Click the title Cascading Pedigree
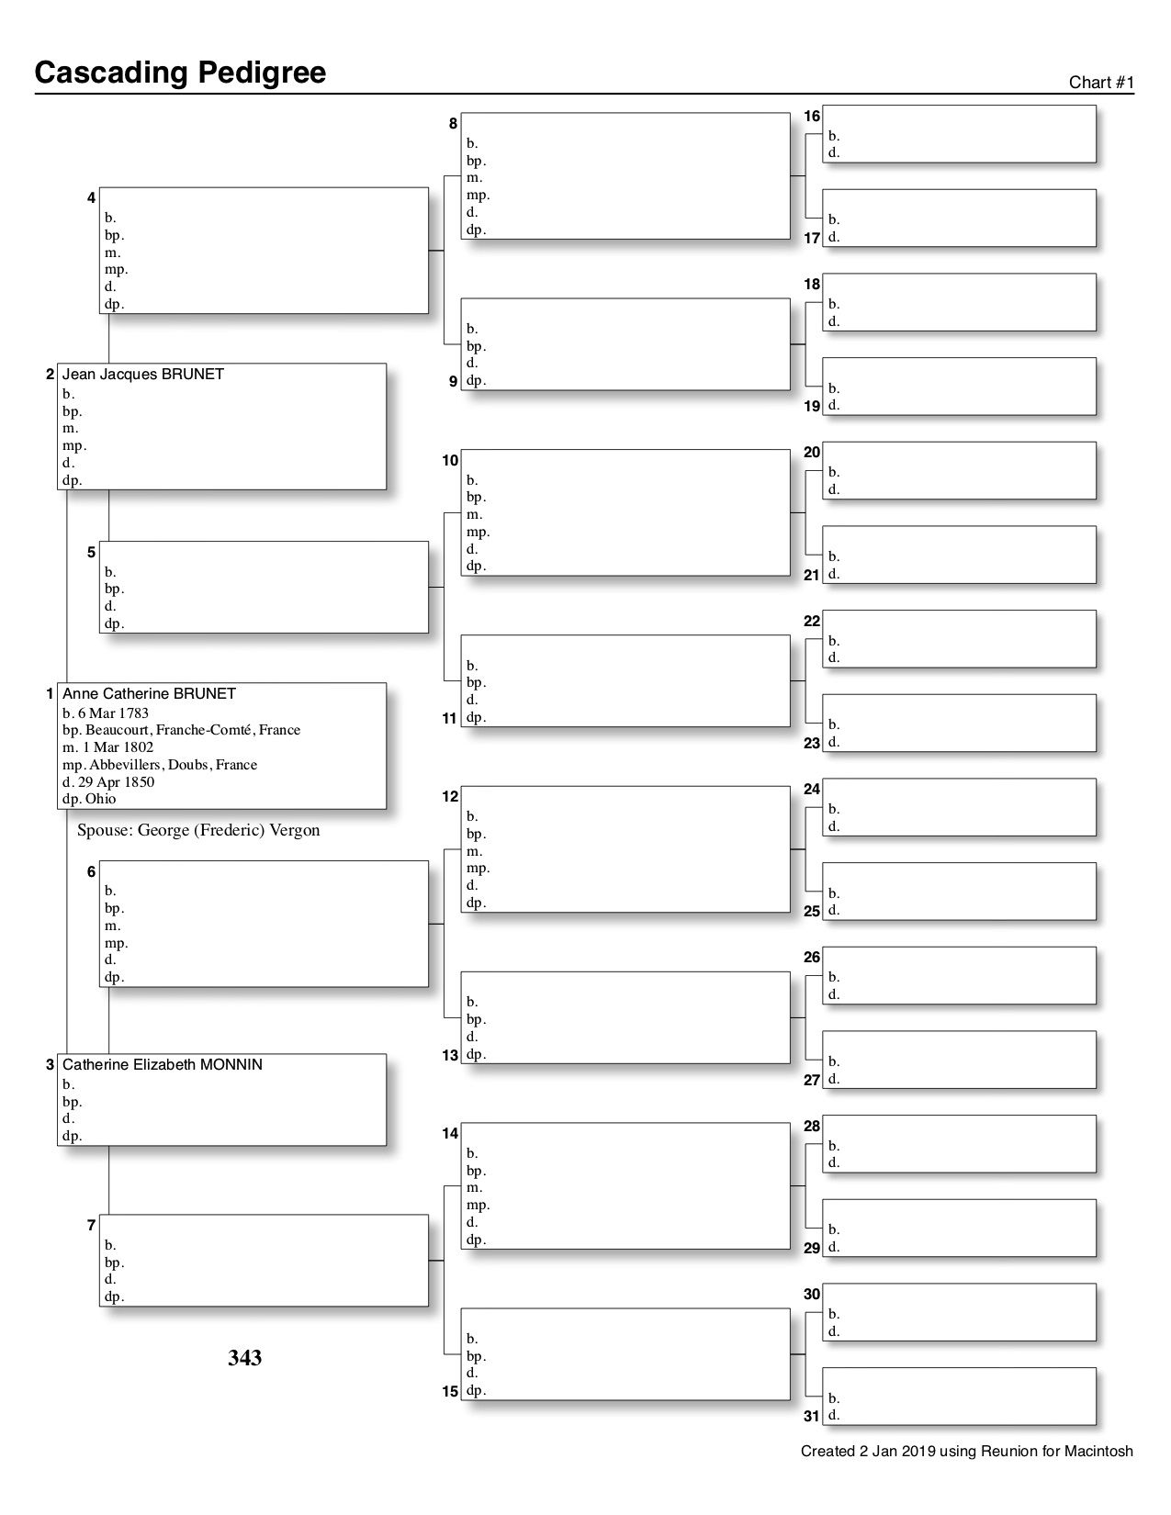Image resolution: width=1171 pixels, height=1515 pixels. [x=180, y=73]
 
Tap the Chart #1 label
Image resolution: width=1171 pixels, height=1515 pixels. [x=1101, y=83]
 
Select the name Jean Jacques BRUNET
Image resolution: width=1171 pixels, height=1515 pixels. [x=142, y=375]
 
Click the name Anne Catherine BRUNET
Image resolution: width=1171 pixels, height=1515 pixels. [x=149, y=694]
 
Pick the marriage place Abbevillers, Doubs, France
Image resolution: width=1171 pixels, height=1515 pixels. [x=173, y=765]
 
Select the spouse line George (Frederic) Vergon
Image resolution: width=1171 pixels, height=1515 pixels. [x=198, y=830]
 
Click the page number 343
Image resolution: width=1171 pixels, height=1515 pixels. [x=245, y=1358]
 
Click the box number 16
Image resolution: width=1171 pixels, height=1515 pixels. [x=812, y=117]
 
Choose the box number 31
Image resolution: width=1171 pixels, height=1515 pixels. [x=812, y=1417]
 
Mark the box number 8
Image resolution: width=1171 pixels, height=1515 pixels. [x=453, y=123]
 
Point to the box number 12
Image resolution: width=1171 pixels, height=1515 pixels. [x=450, y=797]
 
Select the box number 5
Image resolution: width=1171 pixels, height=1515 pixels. [x=91, y=553]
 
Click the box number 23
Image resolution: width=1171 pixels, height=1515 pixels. [x=812, y=744]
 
